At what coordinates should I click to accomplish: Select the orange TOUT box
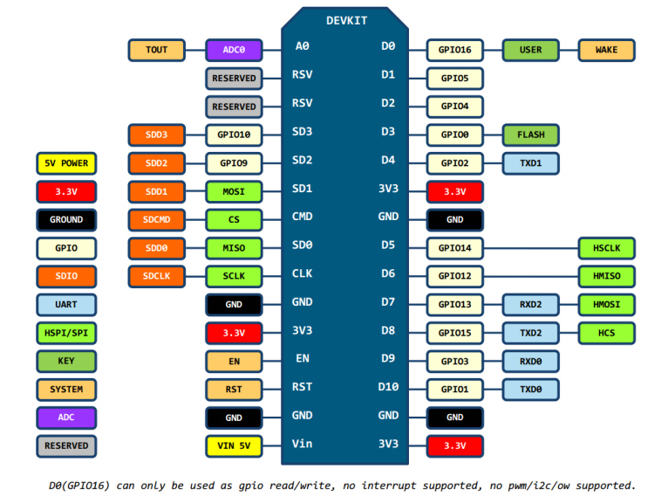157,50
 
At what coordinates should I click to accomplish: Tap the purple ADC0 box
234,50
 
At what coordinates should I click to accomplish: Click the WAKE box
607,50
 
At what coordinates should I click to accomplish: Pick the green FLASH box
531,135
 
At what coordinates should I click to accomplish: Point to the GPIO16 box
454,50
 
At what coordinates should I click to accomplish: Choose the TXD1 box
531,163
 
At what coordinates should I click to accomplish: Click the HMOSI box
607,305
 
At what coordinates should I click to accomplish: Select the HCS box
607,333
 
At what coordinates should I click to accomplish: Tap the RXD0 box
531,361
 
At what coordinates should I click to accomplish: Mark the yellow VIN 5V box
234,445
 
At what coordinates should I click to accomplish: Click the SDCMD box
157,219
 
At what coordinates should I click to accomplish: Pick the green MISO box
234,248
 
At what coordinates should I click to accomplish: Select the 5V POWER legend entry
66,163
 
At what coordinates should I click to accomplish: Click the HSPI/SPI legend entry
66,333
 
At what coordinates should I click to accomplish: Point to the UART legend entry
66,305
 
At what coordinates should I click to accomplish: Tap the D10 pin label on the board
388,386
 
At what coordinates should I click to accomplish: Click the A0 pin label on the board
302,46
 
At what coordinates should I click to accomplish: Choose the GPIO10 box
234,135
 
